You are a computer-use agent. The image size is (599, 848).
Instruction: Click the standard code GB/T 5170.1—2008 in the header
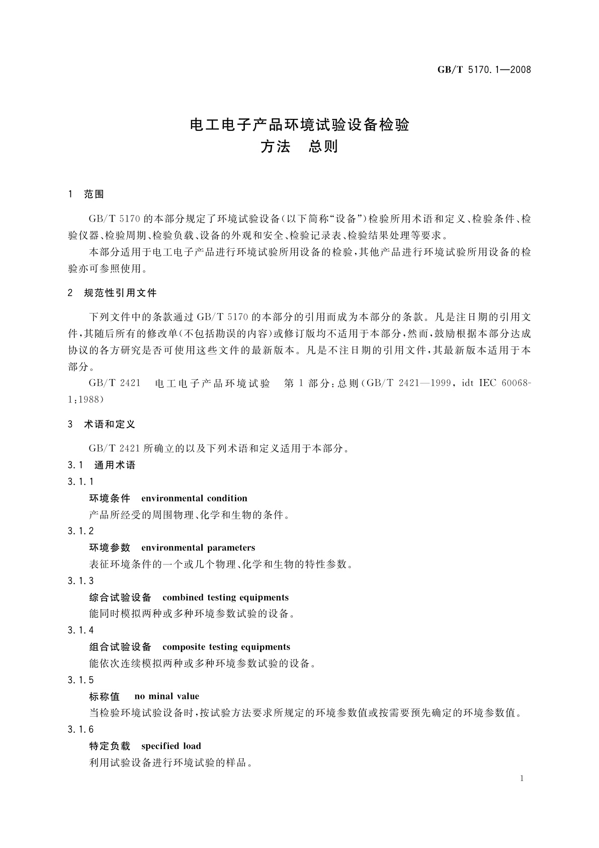pyautogui.click(x=484, y=70)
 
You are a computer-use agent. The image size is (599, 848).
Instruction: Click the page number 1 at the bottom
pyautogui.click(x=522, y=779)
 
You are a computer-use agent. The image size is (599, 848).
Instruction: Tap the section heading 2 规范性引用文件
pyautogui.click(x=112, y=293)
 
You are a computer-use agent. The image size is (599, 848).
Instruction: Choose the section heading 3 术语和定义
pyautogui.click(x=102, y=425)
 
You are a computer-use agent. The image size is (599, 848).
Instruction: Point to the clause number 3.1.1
pyautogui.click(x=80, y=482)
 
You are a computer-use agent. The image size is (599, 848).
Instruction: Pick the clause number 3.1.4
pyautogui.click(x=80, y=630)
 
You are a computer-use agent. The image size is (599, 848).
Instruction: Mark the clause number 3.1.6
pyautogui.click(x=80, y=730)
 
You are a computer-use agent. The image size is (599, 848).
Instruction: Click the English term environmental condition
pyautogui.click(x=194, y=499)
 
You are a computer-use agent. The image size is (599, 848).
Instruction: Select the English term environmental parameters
pyautogui.click(x=198, y=548)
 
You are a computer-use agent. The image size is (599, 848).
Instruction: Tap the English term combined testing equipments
pyautogui.click(x=225, y=598)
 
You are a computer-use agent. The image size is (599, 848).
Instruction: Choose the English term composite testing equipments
pyautogui.click(x=226, y=647)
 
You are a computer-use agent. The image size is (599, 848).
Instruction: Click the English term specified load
pyautogui.click(x=171, y=746)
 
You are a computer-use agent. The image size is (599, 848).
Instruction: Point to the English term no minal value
pyautogui.click(x=167, y=696)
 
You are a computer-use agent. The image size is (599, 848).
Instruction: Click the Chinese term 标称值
pyautogui.click(x=105, y=696)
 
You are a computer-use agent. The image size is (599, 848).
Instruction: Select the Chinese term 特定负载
pyautogui.click(x=110, y=746)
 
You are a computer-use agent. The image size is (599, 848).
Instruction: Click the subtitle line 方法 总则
pyautogui.click(x=299, y=147)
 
